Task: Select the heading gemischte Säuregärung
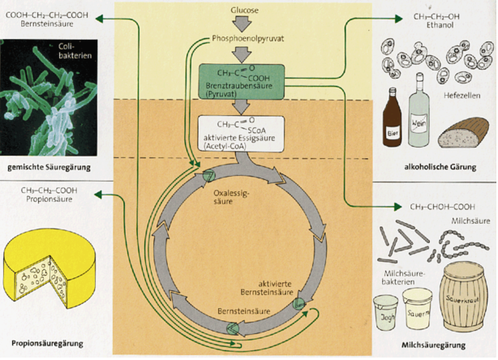point(48,167)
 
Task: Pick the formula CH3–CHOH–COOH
point(443,208)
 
